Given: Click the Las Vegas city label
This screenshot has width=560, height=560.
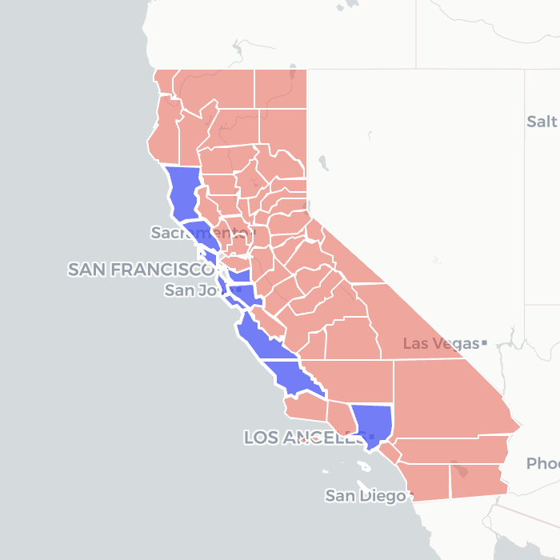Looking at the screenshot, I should [x=440, y=344].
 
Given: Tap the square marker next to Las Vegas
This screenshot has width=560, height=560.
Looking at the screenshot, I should [x=484, y=343].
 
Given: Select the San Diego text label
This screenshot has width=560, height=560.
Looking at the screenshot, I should [x=365, y=496].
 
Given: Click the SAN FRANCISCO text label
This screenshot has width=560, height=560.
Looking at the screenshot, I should [x=139, y=270].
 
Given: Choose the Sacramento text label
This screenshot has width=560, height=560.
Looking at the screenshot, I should [x=201, y=233].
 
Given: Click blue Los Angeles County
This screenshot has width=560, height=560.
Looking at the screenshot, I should [x=373, y=424].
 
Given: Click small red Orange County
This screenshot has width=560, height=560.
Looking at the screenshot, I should [x=390, y=451].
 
